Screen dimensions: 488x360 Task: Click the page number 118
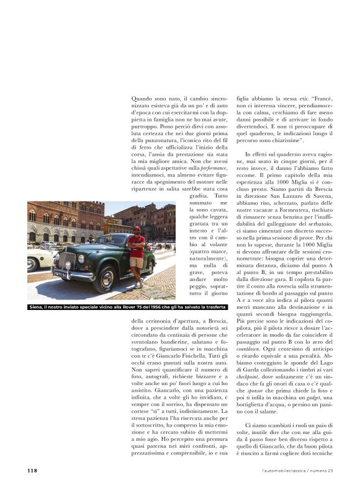coord(32,471)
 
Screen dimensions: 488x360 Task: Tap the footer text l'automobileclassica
coord(282,471)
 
